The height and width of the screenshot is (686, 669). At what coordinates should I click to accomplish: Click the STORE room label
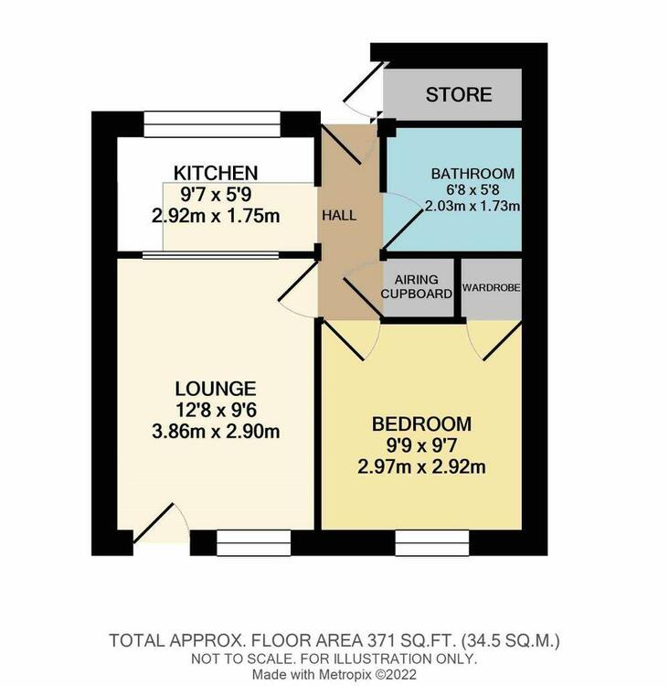(x=459, y=94)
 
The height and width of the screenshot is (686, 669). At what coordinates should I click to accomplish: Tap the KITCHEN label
(x=216, y=173)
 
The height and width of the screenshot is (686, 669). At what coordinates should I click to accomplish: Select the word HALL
(x=339, y=215)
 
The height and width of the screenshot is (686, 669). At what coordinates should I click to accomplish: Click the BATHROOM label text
(x=473, y=174)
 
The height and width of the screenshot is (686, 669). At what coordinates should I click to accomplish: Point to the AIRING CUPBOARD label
(x=416, y=286)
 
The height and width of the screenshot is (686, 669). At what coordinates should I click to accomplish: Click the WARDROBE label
(x=491, y=287)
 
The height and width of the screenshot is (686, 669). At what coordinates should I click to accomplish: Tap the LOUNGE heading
(x=216, y=389)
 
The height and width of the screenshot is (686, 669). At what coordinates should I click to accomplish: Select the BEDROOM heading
(x=421, y=423)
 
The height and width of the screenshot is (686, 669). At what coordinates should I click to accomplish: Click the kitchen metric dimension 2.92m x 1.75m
(x=216, y=216)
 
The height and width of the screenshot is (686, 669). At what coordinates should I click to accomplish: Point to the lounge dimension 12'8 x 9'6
(x=216, y=411)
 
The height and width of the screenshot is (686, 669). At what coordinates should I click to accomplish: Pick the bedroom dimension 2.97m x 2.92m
(x=421, y=466)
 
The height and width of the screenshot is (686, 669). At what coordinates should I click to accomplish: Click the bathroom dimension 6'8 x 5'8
(x=472, y=190)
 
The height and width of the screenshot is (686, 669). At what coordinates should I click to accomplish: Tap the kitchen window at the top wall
(x=212, y=124)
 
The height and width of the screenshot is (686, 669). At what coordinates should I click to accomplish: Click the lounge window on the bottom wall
(x=253, y=543)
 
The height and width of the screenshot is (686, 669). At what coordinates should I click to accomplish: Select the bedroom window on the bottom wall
(x=432, y=543)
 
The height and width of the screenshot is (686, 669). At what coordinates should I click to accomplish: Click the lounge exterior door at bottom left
(x=161, y=523)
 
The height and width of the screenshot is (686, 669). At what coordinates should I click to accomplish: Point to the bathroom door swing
(x=401, y=222)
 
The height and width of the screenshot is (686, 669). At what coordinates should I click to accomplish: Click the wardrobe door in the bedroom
(x=494, y=340)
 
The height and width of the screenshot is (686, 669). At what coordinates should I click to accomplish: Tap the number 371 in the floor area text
(x=379, y=641)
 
